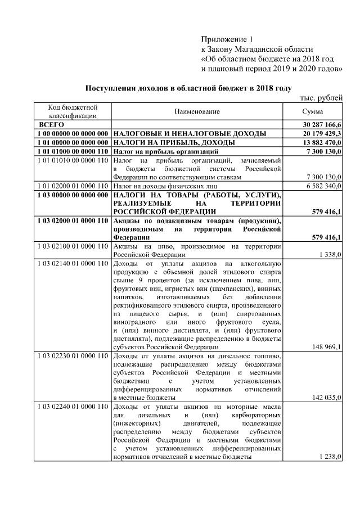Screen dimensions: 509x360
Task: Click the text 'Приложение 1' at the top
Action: pyautogui.click(x=228, y=39)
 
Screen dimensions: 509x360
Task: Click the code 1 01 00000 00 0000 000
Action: pyautogui.click(x=71, y=142)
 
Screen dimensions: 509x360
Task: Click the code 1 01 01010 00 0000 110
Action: pyautogui.click(x=71, y=160)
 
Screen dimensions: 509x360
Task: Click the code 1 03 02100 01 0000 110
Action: pyautogui.click(x=71, y=246)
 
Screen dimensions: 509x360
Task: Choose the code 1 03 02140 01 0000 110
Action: pyautogui.click(x=71, y=263)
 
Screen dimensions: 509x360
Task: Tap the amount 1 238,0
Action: pyautogui.click(x=330, y=457)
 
